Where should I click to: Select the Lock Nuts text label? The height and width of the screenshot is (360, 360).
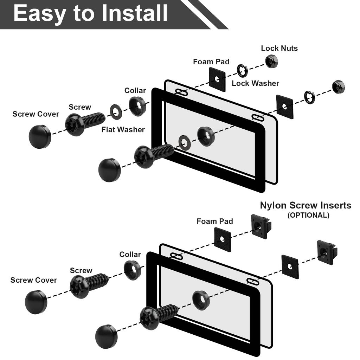(279, 48)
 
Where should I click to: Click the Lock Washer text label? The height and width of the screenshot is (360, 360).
(255, 83)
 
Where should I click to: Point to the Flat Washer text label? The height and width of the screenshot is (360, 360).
(123, 130)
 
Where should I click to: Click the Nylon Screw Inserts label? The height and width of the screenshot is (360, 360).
(306, 205)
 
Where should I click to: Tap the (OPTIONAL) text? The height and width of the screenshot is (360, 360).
(308, 215)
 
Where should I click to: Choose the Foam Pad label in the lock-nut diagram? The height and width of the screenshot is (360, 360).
(211, 62)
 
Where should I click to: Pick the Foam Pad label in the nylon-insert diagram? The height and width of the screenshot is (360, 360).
(214, 221)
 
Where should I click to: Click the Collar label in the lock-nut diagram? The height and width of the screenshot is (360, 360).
(135, 91)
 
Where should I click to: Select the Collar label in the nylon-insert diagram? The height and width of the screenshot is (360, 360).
(130, 255)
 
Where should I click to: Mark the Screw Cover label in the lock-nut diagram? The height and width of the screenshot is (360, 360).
(36, 114)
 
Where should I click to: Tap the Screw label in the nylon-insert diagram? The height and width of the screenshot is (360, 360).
(81, 271)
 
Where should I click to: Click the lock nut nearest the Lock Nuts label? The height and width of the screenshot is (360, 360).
(271, 62)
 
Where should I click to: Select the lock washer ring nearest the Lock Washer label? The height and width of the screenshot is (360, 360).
(242, 71)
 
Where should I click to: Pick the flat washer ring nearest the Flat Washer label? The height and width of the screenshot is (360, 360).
(116, 112)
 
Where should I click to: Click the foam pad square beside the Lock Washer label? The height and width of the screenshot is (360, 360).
(217, 79)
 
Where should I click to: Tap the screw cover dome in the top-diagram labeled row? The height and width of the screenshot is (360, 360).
(40, 136)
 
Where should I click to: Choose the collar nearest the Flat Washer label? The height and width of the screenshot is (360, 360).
(137, 106)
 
